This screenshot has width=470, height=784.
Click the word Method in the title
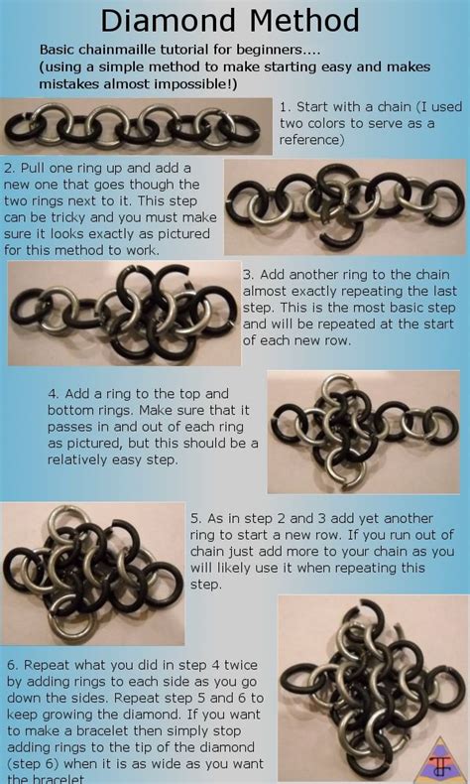[x=303, y=22]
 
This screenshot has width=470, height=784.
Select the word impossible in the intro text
[x=196, y=84]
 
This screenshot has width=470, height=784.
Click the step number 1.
[x=285, y=107]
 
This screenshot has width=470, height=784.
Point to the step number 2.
[x=9, y=169]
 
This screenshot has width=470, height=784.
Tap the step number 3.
[x=248, y=276]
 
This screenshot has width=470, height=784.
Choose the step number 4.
[x=53, y=395]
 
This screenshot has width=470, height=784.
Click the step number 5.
[x=195, y=519]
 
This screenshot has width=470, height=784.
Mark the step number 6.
[x=13, y=666]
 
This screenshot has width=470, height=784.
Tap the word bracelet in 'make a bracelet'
[x=89, y=731]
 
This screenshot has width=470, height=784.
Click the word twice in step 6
[x=240, y=666]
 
